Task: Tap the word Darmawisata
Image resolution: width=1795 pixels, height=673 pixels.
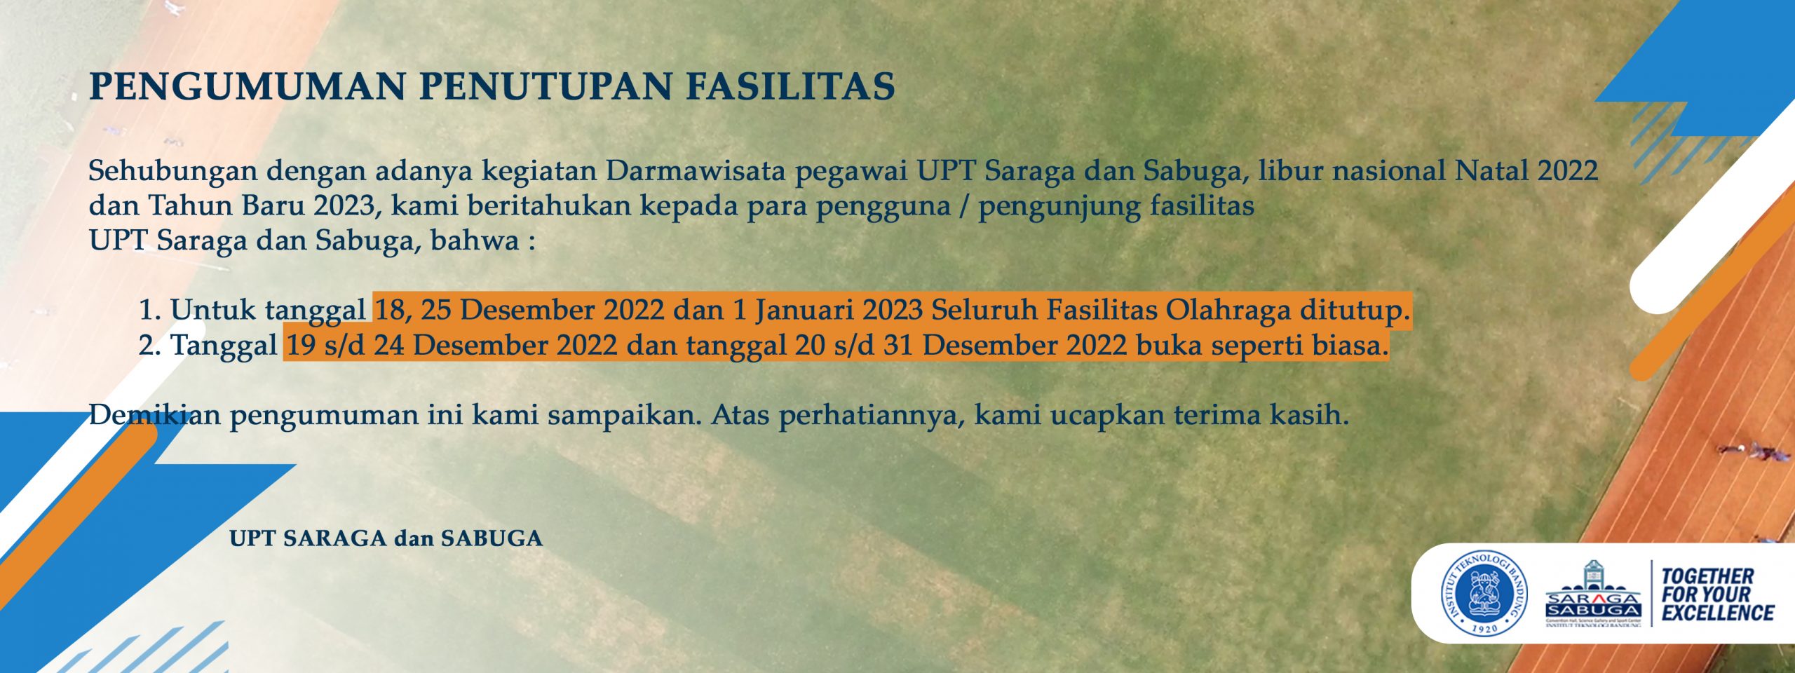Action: pyautogui.click(x=696, y=171)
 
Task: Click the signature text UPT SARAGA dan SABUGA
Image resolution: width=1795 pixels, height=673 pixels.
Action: pyautogui.click(x=386, y=538)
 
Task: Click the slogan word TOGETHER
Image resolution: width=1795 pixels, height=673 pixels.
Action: pyautogui.click(x=1708, y=576)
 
